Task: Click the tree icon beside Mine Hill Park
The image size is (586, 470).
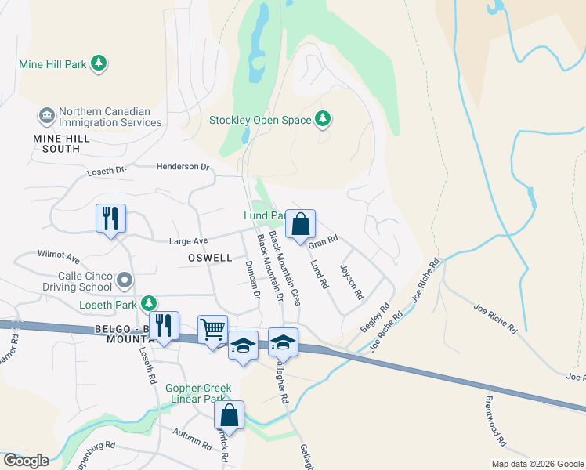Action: [x=99, y=63]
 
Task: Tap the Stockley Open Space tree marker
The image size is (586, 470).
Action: [x=323, y=120]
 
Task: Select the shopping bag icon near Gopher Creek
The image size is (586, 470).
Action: [x=229, y=415]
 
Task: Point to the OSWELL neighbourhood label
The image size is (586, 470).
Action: [x=210, y=258]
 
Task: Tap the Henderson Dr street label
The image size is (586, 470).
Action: [x=183, y=167]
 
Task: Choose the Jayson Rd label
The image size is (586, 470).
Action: [x=352, y=283]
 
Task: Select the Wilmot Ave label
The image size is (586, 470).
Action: [x=59, y=256]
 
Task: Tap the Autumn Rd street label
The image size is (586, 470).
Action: [x=193, y=441]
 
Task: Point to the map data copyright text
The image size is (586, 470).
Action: [x=537, y=464]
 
